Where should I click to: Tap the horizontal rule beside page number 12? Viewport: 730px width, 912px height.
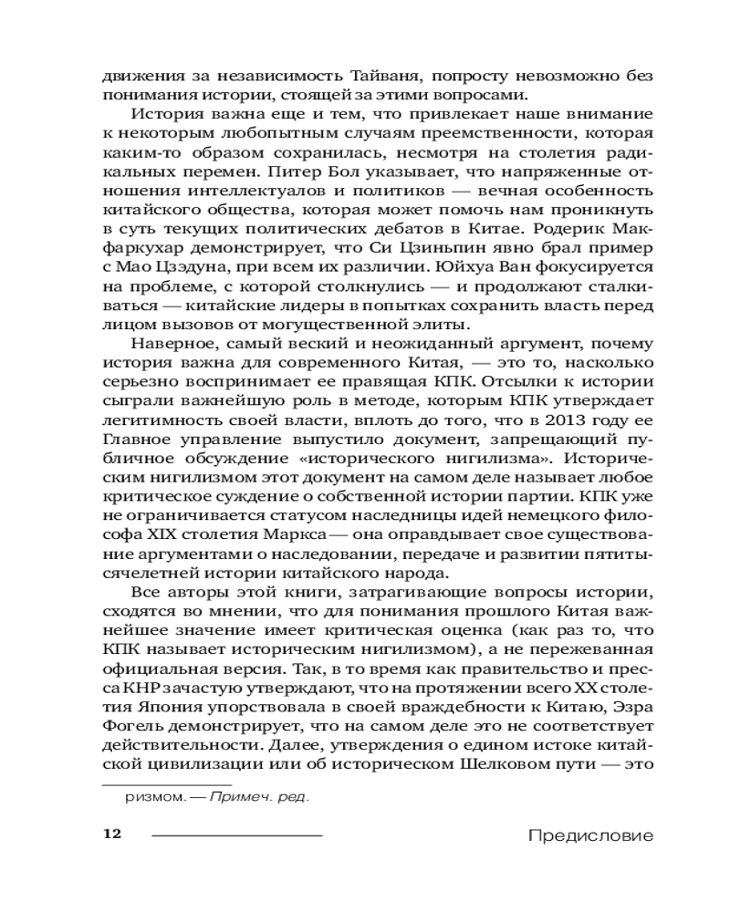point(236,834)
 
